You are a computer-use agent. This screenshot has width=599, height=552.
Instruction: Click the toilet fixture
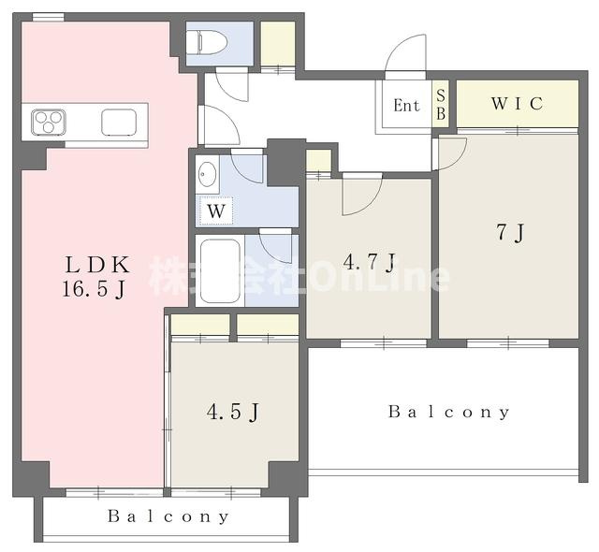click(207, 41)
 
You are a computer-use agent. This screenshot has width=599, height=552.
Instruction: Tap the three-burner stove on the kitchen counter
click(49, 123)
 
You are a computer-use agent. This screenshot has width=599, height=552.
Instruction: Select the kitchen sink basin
click(119, 123)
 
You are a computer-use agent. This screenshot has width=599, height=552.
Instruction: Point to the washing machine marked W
click(216, 211)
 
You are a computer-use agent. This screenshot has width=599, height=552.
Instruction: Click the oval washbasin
click(208, 174)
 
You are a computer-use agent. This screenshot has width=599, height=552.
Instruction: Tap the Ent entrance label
click(406, 106)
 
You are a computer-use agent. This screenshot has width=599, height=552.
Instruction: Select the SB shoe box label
click(441, 105)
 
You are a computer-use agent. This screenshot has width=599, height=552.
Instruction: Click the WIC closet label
click(517, 104)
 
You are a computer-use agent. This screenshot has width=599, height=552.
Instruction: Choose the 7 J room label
click(510, 232)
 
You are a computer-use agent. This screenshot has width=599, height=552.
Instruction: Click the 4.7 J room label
click(369, 263)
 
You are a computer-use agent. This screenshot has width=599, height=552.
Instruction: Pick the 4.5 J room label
click(233, 412)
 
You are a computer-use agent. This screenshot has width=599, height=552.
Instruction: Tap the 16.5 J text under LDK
click(94, 289)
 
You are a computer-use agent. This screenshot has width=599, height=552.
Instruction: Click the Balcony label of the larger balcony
click(449, 412)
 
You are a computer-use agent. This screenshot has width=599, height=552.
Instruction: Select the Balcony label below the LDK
click(168, 516)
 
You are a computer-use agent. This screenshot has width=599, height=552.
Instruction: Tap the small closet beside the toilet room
click(278, 44)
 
